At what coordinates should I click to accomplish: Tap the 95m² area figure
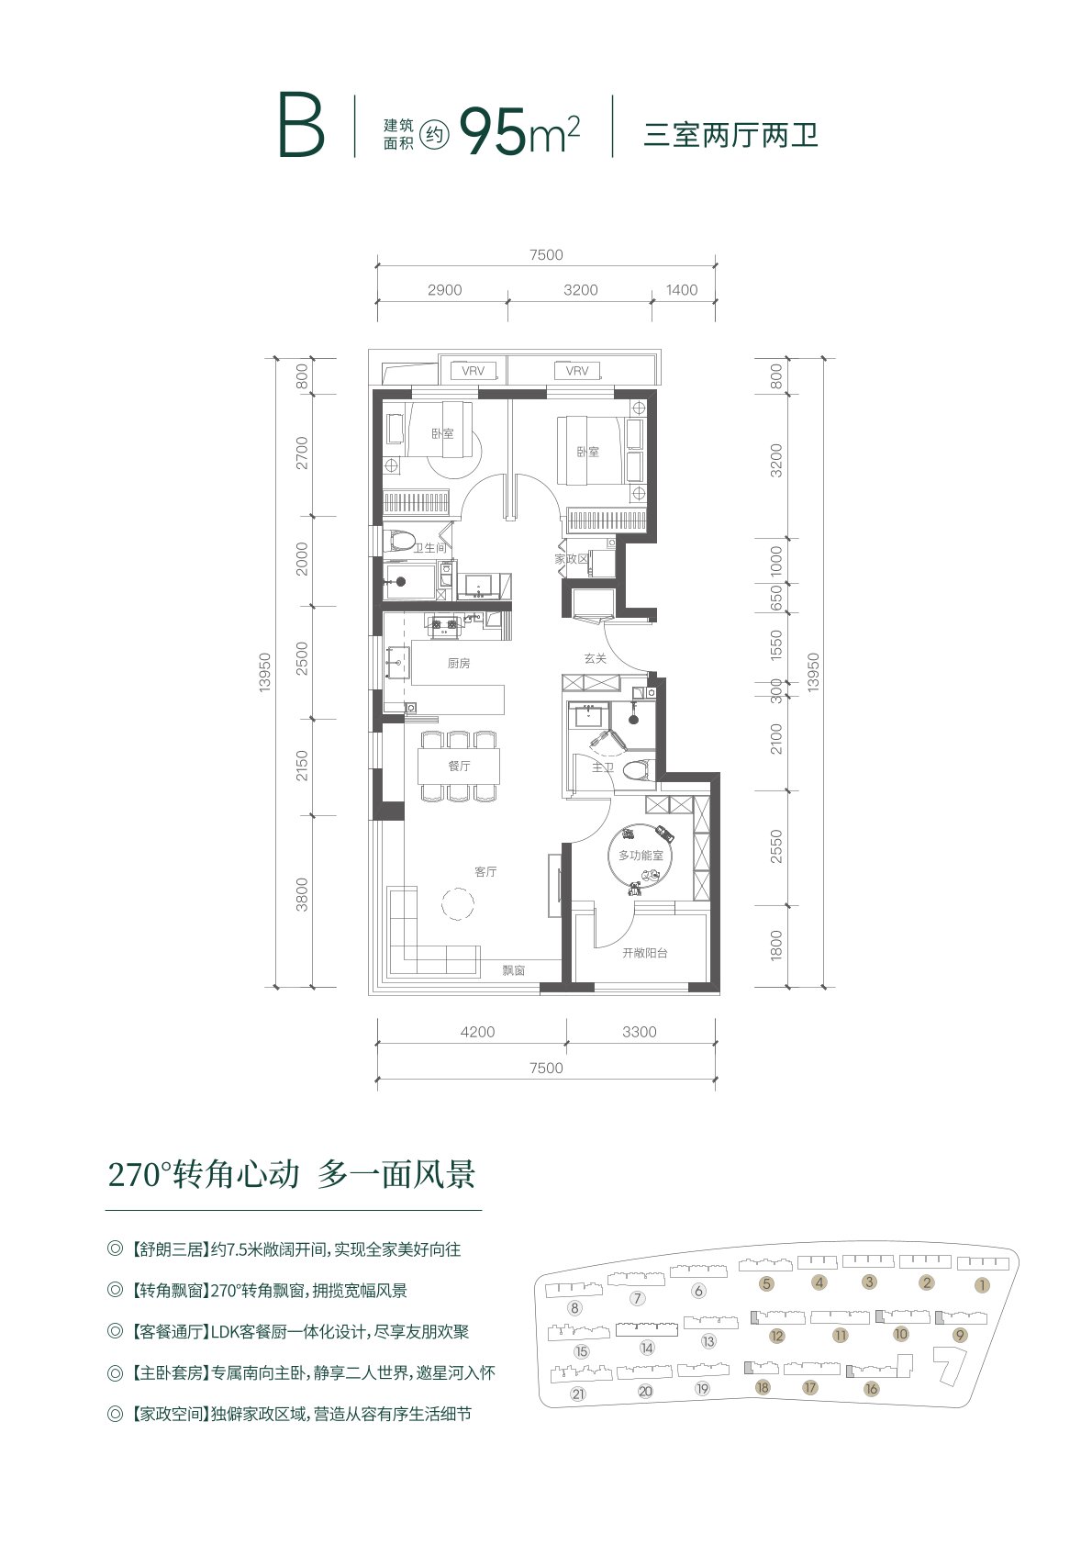click(x=518, y=131)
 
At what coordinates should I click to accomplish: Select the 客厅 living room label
click(x=485, y=872)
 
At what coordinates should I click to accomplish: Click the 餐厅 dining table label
click(x=459, y=766)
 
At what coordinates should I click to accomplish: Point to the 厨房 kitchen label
click(x=459, y=664)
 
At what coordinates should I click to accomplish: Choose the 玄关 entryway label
click(x=595, y=659)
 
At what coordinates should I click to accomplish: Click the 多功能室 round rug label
click(x=641, y=856)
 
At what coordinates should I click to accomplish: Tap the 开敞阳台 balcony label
click(x=644, y=953)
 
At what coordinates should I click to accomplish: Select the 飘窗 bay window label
click(x=514, y=970)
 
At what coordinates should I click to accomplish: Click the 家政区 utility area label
click(x=572, y=559)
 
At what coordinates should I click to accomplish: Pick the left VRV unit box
click(x=474, y=371)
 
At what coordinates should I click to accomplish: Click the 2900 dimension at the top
click(x=445, y=290)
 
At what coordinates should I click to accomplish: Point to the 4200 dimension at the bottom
click(x=477, y=1032)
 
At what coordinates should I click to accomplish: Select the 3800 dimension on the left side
click(x=302, y=894)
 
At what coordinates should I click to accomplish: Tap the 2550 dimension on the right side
click(x=777, y=846)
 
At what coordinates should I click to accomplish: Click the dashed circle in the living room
click(x=458, y=903)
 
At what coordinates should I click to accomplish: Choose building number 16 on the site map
click(x=871, y=1388)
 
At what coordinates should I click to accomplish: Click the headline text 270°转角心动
click(x=204, y=1175)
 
